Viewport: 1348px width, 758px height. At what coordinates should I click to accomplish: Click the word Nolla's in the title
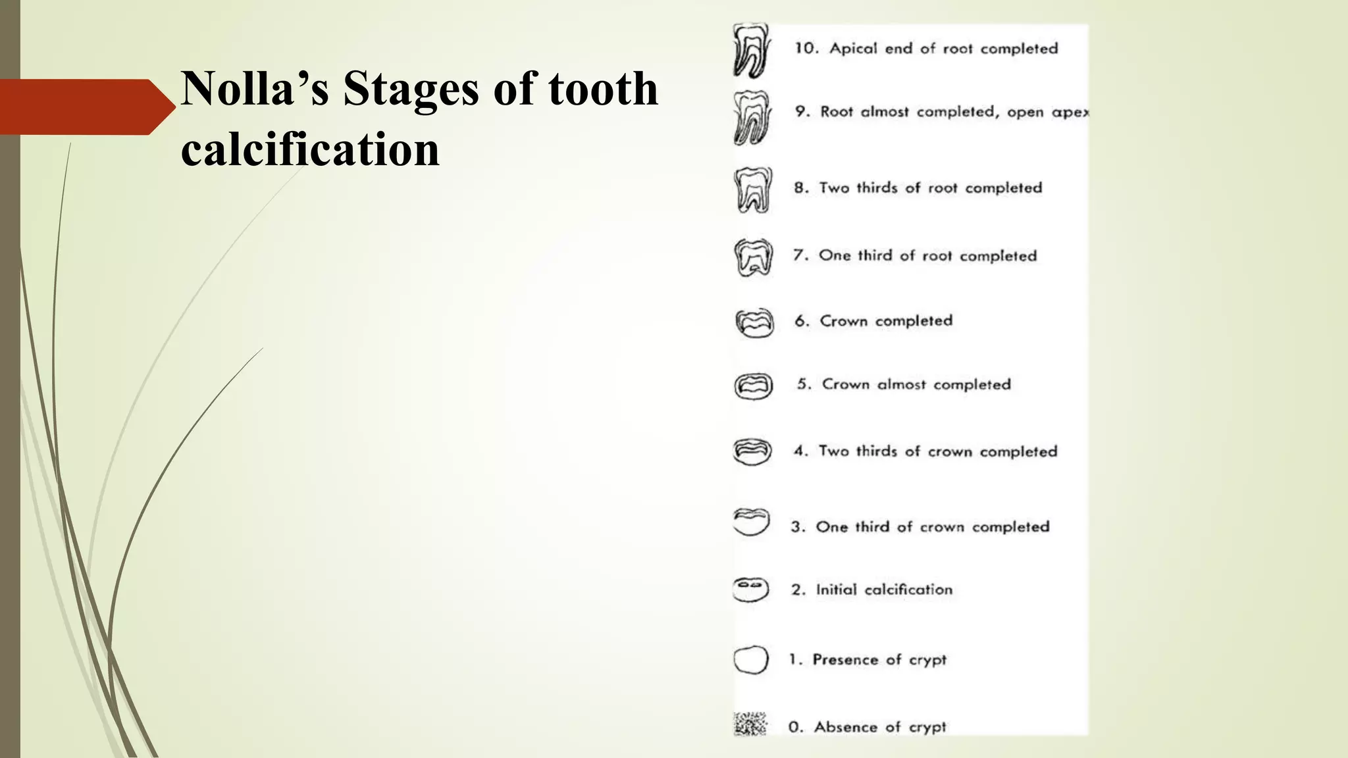[254, 89]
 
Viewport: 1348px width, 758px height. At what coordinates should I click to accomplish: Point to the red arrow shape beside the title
[86, 107]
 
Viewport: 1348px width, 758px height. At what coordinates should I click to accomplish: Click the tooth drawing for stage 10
[752, 51]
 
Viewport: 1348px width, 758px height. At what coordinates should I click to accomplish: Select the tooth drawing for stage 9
[752, 118]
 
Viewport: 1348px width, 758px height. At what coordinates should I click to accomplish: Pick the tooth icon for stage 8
[753, 190]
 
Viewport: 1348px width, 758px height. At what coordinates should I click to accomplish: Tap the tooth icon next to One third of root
[753, 257]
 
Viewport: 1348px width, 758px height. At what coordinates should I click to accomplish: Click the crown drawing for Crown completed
[754, 322]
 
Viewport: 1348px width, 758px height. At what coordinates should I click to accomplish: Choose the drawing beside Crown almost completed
[753, 386]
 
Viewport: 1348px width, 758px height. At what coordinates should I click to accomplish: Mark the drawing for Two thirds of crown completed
[752, 452]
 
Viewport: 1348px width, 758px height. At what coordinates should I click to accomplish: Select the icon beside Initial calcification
[750, 590]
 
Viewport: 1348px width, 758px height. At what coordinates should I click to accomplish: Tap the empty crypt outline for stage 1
[751, 660]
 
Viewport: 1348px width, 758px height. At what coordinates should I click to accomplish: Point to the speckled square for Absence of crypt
[750, 724]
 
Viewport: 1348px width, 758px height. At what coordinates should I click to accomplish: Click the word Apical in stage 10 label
[853, 49]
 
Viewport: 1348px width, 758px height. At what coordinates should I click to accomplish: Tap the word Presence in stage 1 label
[845, 659]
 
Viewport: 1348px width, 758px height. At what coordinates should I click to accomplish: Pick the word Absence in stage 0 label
[846, 727]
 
